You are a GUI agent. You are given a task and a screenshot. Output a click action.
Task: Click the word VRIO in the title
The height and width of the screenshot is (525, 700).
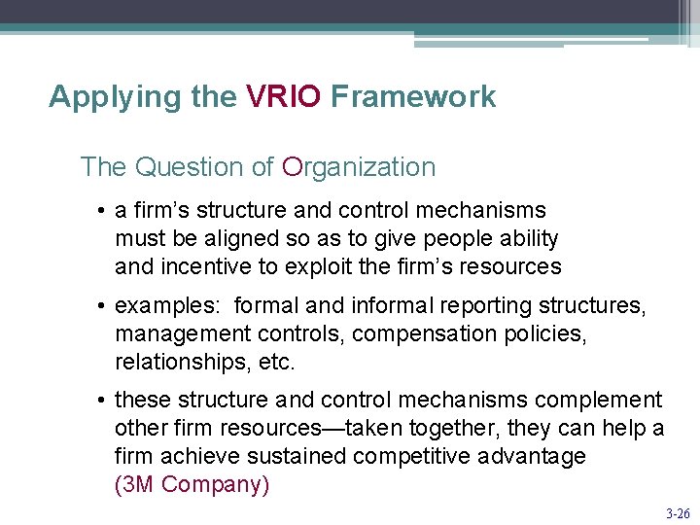click(x=283, y=97)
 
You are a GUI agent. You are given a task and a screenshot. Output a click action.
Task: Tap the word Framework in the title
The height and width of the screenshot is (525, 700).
click(x=413, y=97)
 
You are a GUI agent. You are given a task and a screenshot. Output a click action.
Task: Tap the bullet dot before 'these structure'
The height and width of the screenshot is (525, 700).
click(x=101, y=401)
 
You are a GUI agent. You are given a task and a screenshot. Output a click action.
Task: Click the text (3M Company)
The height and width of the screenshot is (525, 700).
click(x=192, y=484)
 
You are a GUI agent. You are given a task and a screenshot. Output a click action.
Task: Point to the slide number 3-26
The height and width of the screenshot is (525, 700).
click(x=677, y=511)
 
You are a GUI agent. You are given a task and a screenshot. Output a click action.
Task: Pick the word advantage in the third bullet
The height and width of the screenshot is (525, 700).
click(x=531, y=456)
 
